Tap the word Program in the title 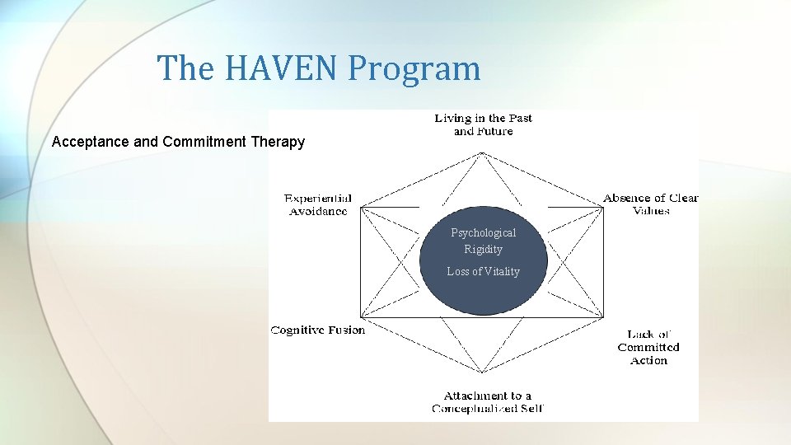[414, 69]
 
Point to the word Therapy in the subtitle [276, 142]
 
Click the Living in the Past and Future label [483, 124]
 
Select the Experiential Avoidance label [318, 204]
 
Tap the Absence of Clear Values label [650, 204]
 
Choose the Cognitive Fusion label [318, 330]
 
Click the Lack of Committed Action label [648, 347]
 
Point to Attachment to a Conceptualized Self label [487, 401]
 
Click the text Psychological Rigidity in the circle [483, 241]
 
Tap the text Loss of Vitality [483, 271]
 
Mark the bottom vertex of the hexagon [483, 386]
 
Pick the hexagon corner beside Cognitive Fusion [360, 317]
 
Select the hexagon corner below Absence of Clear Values [604, 208]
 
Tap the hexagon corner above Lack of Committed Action [604, 317]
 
